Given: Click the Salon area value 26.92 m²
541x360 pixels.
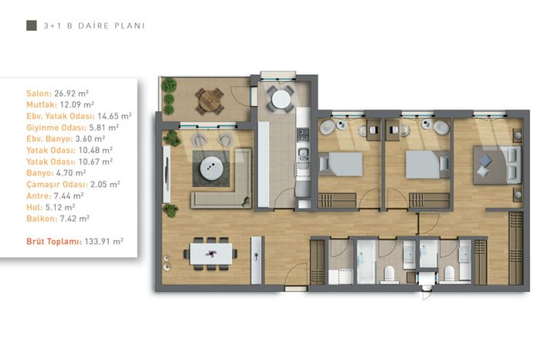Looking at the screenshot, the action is (x=71, y=93).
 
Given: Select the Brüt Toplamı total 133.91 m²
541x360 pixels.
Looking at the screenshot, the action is (x=104, y=241).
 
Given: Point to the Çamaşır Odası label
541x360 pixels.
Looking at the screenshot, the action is (x=57, y=185).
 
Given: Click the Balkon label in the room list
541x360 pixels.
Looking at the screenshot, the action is (x=42, y=219).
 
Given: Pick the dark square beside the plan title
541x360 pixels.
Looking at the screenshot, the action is (x=32, y=25).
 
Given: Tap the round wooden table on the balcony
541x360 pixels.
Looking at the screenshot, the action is (x=209, y=101).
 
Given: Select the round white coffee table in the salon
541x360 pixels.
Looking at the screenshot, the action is (x=211, y=168).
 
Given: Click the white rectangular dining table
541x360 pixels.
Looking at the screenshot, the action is (x=211, y=254).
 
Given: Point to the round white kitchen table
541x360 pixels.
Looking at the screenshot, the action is (x=281, y=100).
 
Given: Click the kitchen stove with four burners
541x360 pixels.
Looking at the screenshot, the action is (x=303, y=135).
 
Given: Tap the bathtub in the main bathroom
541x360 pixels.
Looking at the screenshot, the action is (x=366, y=262).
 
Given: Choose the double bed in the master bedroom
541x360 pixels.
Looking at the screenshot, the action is (x=497, y=165).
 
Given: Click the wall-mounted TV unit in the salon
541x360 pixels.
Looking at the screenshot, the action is (x=167, y=174).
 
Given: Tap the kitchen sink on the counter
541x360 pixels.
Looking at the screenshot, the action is (x=303, y=153).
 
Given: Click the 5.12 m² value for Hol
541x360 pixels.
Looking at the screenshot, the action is (x=60, y=207).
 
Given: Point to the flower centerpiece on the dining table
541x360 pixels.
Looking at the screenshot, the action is (x=211, y=254).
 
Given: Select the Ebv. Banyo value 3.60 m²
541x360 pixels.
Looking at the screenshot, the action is (x=90, y=139).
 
